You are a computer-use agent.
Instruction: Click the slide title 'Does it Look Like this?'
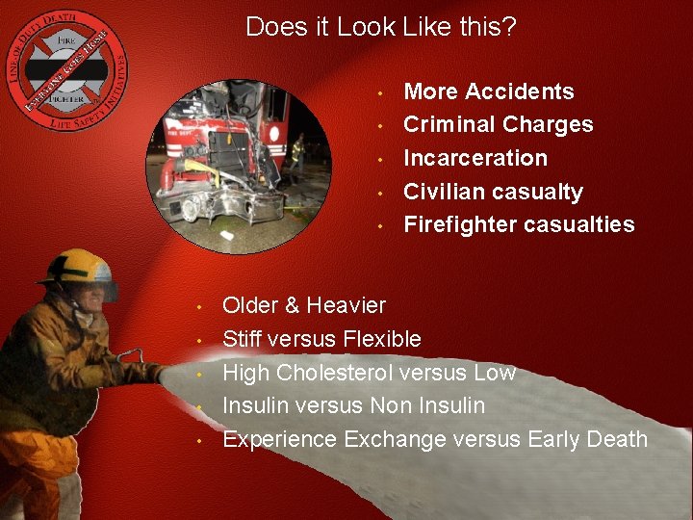[x=381, y=27]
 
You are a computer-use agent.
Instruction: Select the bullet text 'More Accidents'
[x=489, y=91]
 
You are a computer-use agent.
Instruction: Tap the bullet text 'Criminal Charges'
[x=498, y=124]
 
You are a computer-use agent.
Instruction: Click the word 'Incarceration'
[x=475, y=158]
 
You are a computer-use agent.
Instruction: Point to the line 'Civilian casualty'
[x=493, y=192]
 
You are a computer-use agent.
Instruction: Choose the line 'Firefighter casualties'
[x=519, y=224]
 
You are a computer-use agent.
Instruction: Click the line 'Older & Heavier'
[x=304, y=305]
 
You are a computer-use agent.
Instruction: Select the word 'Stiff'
[x=244, y=339]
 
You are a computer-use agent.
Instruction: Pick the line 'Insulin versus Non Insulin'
[x=353, y=405]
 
